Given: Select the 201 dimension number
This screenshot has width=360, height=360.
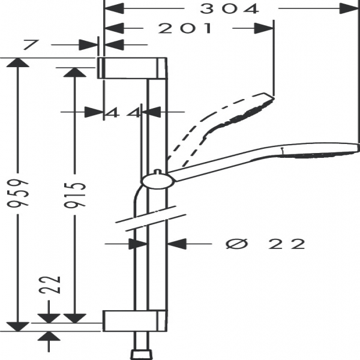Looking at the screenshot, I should [188, 28].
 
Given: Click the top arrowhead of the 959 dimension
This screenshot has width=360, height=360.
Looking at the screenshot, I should [20, 62].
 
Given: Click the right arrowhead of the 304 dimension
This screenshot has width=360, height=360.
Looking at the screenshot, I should [348, 8].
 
